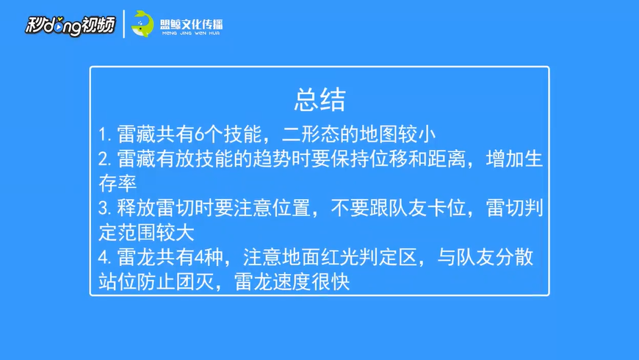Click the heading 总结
click(x=320, y=99)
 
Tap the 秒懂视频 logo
click(x=70, y=25)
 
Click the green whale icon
click(x=142, y=24)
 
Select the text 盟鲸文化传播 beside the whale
click(x=191, y=24)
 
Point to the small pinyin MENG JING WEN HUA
click(x=191, y=33)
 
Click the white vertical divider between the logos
click(x=124, y=24)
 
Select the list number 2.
click(x=105, y=159)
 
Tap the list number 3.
click(x=105, y=208)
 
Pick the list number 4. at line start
click(x=105, y=257)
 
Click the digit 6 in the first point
click(x=199, y=134)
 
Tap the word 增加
click(x=505, y=159)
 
